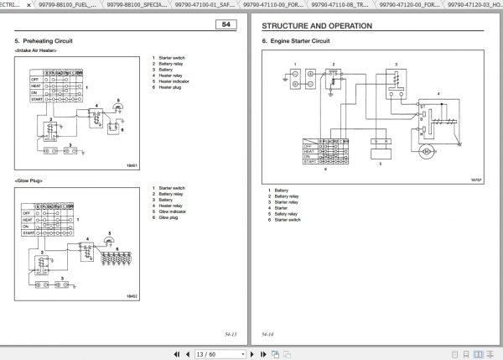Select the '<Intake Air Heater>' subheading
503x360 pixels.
click(x=38, y=51)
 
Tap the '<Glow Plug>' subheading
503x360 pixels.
click(x=29, y=181)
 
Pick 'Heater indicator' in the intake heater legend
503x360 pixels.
click(x=172, y=82)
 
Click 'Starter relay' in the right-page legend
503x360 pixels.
click(x=287, y=202)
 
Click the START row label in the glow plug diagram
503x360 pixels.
click(x=26, y=232)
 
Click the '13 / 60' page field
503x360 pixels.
click(x=208, y=353)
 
